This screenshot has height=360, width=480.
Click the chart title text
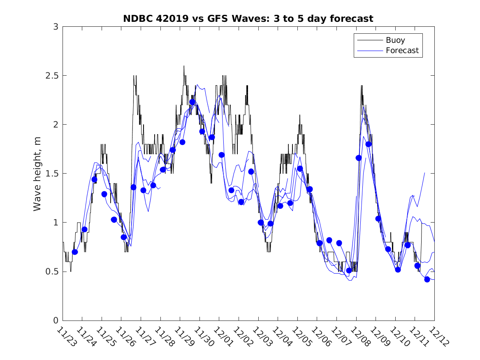click(248, 19)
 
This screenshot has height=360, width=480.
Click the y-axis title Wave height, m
click(37, 174)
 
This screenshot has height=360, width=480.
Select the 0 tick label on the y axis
click(56, 321)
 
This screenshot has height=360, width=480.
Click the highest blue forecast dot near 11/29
click(192, 102)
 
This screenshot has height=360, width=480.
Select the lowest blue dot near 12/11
click(427, 279)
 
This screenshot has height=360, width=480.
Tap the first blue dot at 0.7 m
click(75, 252)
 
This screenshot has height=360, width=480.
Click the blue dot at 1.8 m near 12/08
click(369, 144)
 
